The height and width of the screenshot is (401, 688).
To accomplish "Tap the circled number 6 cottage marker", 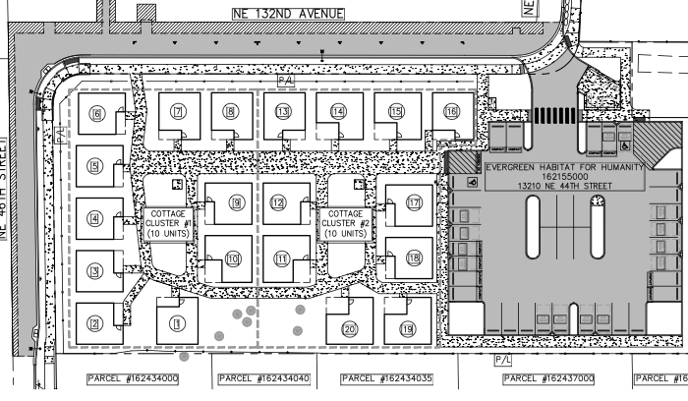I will (96, 114).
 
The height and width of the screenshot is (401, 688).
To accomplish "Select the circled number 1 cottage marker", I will (177, 321).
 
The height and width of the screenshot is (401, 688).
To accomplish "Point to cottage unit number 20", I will (349, 328).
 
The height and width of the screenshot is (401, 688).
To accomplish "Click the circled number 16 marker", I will (451, 113).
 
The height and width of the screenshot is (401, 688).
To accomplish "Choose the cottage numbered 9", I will (236, 202).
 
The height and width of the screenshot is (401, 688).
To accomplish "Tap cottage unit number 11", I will (282, 259).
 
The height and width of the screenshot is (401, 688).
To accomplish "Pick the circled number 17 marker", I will (414, 202).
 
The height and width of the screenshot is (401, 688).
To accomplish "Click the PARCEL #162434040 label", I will (264, 378).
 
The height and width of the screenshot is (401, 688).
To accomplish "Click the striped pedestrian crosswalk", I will (556, 114).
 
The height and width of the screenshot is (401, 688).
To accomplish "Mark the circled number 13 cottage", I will (283, 113).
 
